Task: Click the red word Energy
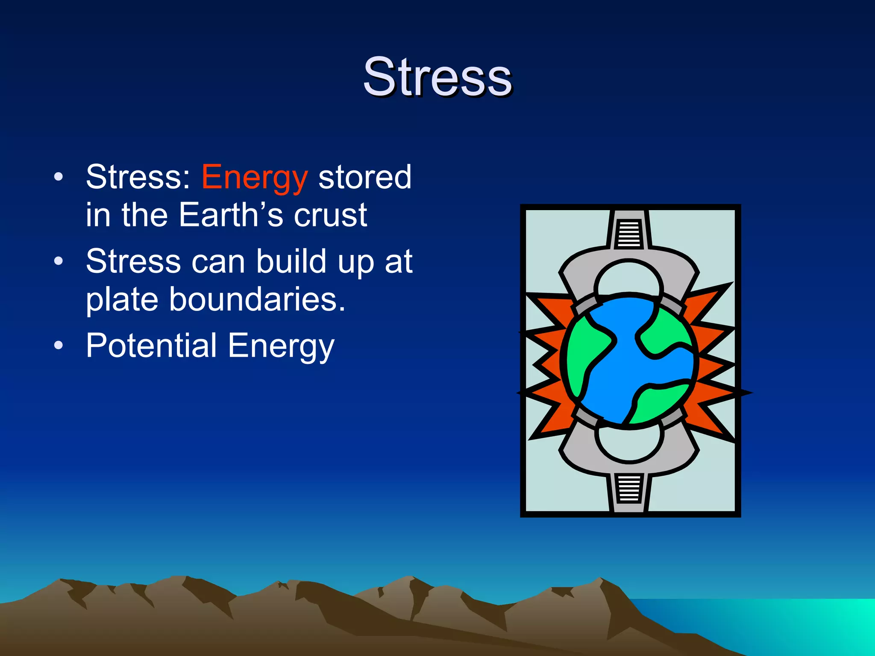pos(254,177)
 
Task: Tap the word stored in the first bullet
pos(365,177)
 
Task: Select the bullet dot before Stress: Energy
pos(59,177)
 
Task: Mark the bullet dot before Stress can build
pos(59,261)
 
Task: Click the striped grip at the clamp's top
pos(629,234)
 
